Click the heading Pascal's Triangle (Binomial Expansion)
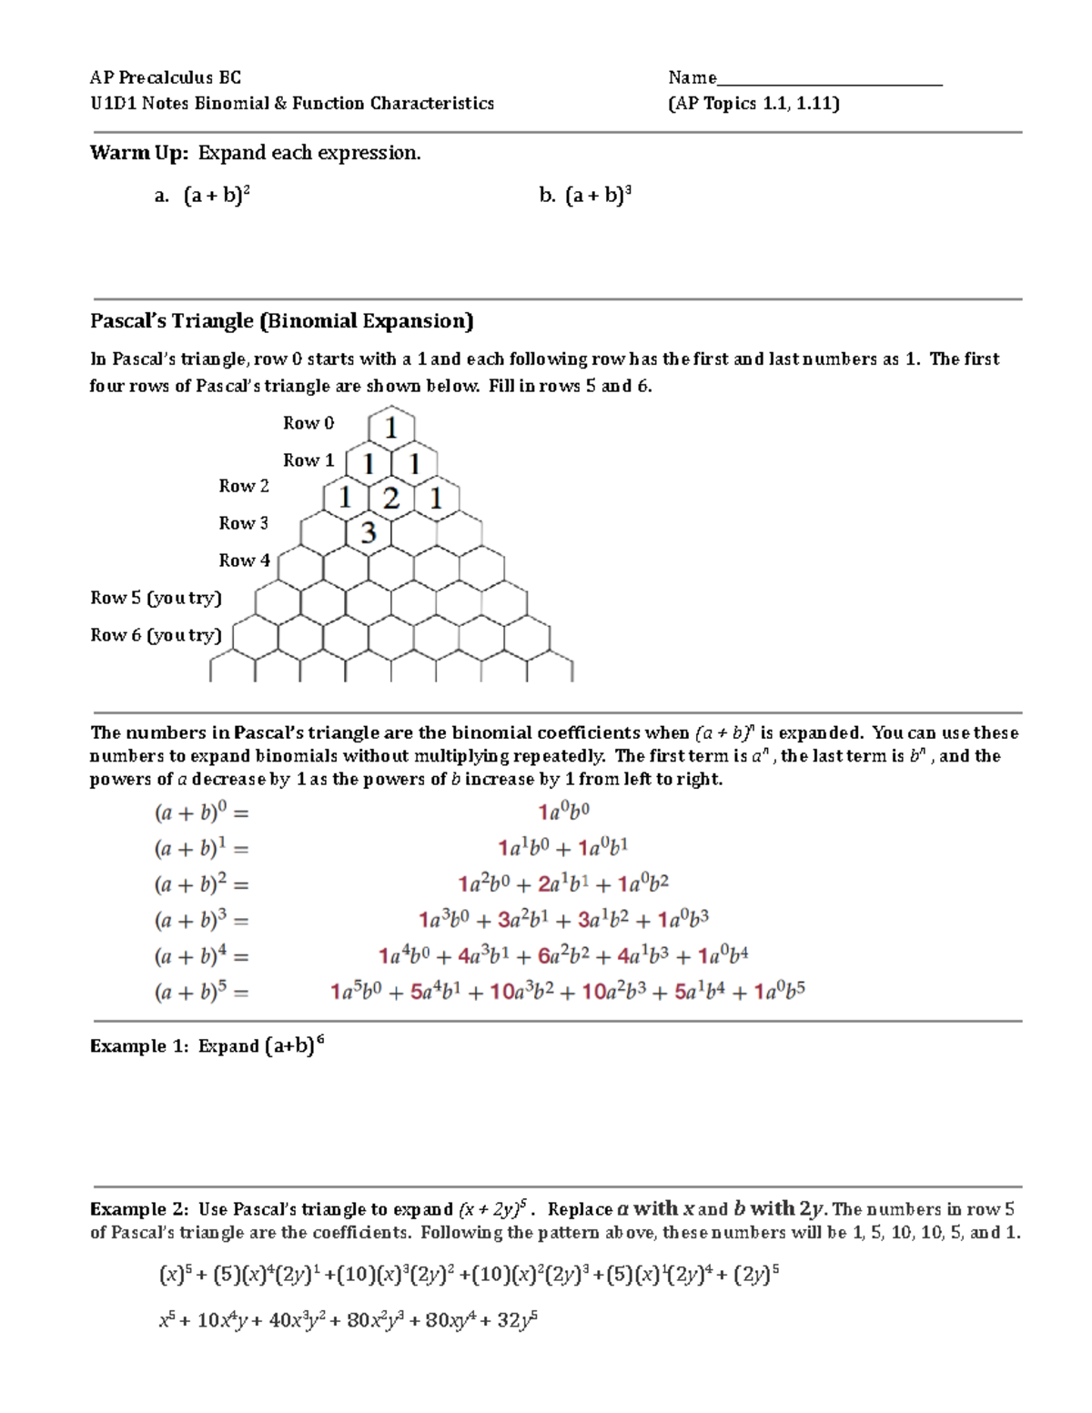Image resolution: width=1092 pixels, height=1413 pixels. (281, 321)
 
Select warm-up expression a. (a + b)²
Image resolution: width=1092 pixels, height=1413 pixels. (217, 196)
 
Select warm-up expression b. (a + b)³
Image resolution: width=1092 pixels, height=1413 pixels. (598, 196)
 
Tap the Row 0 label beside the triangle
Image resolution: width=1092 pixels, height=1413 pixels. (308, 423)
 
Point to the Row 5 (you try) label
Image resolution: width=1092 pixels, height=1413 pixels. (156, 598)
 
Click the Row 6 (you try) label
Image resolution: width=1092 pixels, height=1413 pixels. (156, 635)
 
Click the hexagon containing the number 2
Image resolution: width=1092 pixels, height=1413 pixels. (391, 498)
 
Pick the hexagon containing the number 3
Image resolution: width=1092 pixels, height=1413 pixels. (369, 532)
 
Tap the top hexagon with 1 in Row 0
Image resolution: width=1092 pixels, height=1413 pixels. (391, 428)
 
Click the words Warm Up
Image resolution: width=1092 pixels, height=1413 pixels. (138, 153)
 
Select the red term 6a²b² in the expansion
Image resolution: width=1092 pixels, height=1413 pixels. (564, 955)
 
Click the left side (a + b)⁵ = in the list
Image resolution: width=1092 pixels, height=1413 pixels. (201, 992)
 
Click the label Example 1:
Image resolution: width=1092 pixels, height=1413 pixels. (141, 1046)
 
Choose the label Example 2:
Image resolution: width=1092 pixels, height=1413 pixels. (141, 1209)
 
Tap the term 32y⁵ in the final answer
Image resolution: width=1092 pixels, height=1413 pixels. (517, 1321)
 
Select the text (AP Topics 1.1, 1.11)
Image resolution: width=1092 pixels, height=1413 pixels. (753, 104)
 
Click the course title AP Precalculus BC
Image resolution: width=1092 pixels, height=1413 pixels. (165, 78)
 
